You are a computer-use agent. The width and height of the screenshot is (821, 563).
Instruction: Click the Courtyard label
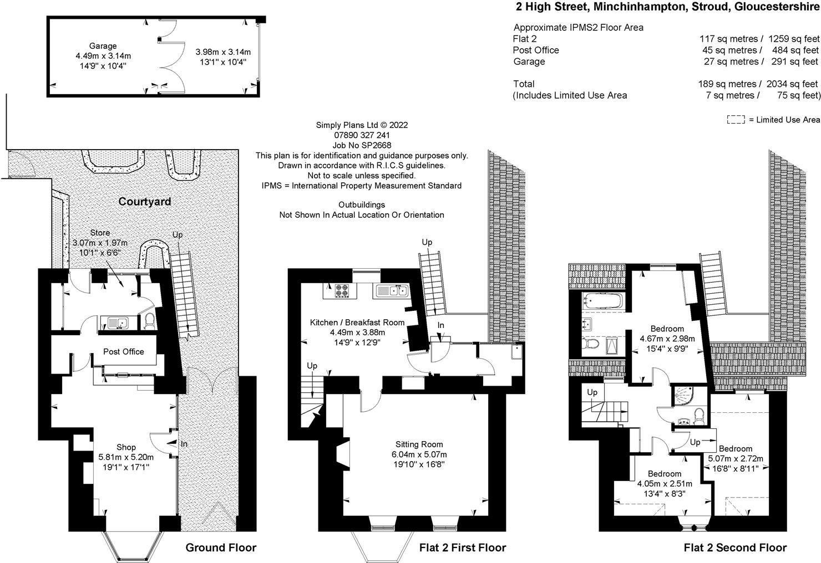[145, 202]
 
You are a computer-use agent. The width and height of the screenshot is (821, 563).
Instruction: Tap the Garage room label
[103, 46]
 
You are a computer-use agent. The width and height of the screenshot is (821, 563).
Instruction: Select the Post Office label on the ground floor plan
[124, 352]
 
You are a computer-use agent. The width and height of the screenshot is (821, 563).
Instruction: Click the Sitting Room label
[419, 444]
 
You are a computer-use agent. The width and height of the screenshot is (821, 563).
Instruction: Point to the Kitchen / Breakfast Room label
[357, 323]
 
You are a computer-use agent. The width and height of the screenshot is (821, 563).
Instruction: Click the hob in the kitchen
[341, 291]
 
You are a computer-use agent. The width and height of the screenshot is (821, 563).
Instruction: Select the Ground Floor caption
[221, 547]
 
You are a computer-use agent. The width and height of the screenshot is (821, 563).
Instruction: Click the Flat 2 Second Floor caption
[735, 547]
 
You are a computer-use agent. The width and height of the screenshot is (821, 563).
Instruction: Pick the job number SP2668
[362, 145]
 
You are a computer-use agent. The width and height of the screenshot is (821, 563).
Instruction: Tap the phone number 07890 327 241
[362, 135]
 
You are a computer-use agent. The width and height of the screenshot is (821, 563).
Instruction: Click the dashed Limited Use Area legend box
[736, 120]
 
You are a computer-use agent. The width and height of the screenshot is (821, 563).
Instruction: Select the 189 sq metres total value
[727, 84]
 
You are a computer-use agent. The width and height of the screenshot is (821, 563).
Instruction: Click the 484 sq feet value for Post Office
[795, 50]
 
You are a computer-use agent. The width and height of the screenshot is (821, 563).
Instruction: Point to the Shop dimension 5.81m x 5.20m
[126, 457]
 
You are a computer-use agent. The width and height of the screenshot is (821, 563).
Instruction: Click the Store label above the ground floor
[100, 233]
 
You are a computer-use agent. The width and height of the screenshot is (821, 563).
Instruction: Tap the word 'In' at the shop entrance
[184, 444]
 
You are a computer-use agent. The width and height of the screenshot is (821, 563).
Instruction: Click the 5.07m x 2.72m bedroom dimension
[736, 459]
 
